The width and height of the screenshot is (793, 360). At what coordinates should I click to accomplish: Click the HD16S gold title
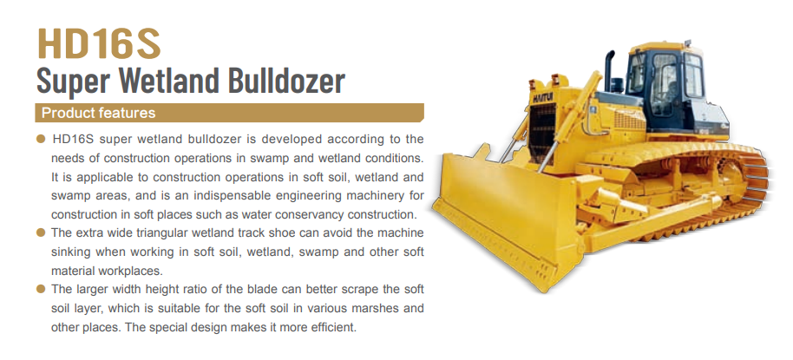coord(99,43)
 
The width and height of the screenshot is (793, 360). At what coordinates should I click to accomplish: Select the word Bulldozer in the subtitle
coord(287,80)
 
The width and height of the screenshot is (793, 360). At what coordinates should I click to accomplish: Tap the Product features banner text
coord(98,113)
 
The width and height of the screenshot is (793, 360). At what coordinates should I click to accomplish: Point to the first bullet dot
coord(41,139)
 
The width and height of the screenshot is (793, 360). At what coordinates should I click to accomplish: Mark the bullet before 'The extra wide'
coord(41,232)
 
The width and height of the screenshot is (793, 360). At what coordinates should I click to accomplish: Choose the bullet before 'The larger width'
coord(41,289)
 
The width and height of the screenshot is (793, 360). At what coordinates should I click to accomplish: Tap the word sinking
coord(71,252)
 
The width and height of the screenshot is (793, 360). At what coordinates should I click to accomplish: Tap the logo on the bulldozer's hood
coord(542,96)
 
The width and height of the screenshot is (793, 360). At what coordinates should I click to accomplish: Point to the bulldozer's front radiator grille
coord(542,133)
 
